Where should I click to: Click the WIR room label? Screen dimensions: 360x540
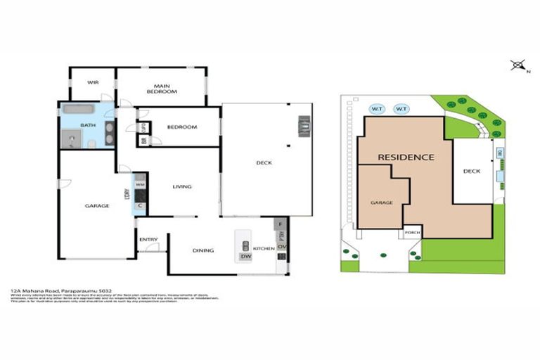tap(92, 82)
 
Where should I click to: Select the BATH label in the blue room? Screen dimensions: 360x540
tap(88, 126)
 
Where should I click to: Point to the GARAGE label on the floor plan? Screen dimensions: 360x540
tap(97, 206)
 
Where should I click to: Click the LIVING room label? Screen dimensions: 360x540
tap(181, 186)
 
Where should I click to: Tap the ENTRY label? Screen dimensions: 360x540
tap(148, 240)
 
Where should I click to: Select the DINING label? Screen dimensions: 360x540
tap(203, 250)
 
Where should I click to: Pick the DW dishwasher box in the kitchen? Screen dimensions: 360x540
tap(245, 257)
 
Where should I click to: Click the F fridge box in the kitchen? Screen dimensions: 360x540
tap(281, 224)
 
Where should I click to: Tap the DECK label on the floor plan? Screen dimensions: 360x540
tap(264, 163)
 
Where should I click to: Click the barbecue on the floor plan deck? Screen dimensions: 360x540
tap(304, 127)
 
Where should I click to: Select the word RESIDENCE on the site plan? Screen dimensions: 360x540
tap(406, 157)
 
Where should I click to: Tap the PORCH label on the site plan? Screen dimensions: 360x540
tap(411, 234)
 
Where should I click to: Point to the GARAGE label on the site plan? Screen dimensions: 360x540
tap(381, 203)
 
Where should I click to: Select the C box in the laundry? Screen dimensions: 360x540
tap(140, 205)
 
